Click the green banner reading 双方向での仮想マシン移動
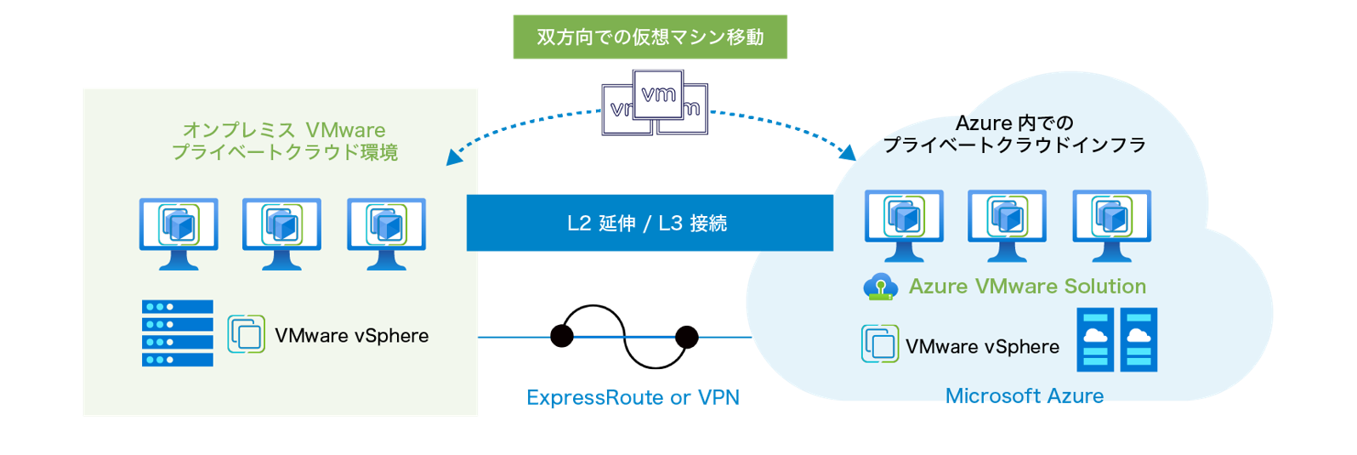point(650,37)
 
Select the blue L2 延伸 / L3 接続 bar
point(649,223)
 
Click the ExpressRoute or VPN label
point(633,397)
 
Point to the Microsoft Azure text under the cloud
point(1025,395)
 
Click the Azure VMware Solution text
point(1027,287)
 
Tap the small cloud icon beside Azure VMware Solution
point(880,287)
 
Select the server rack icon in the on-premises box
point(177,333)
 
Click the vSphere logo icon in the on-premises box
point(246,334)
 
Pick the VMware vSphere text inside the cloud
point(982,347)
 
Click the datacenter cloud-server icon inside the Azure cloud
point(1116,340)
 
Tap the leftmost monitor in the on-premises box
point(179,233)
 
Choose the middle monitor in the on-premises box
point(281,233)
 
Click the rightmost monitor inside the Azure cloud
point(1111,225)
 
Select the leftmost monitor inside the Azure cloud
point(904,225)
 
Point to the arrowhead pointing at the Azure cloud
point(849,153)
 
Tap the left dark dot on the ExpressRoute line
point(562,337)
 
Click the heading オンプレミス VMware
point(284,130)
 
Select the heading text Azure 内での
point(1014,123)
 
